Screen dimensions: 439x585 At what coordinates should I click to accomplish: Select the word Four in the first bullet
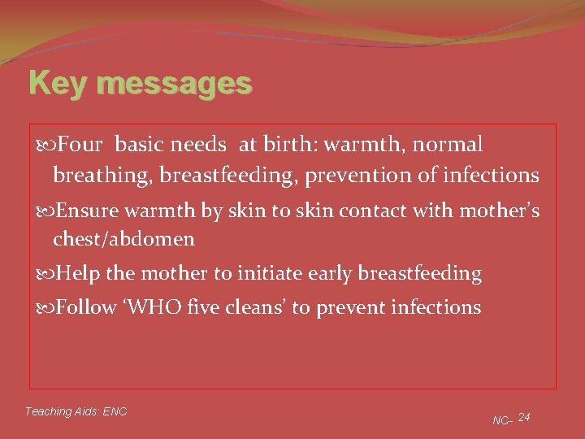(80, 145)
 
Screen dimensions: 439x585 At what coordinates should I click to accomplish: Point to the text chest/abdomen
(123, 239)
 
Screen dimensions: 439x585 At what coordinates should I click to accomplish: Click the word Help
(77, 274)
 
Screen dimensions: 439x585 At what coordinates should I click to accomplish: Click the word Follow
(87, 307)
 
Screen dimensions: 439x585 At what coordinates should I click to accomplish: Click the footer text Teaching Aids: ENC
(76, 411)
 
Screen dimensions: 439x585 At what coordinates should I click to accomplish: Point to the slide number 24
(524, 417)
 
